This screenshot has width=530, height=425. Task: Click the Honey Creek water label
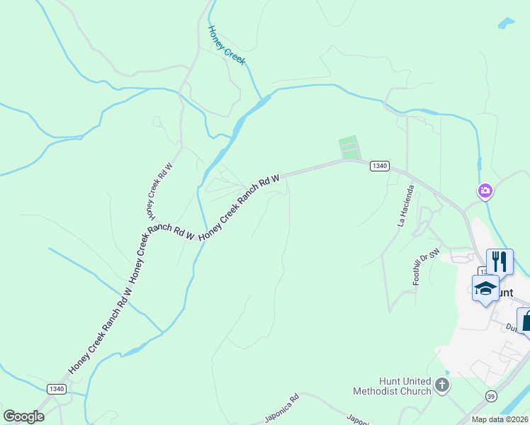[x=226, y=45]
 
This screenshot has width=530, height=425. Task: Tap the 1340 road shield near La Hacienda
[x=379, y=166]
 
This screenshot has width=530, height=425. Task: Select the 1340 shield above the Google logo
[x=57, y=389]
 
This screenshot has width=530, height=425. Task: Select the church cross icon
[x=442, y=385]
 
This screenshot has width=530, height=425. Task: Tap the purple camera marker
[x=485, y=191]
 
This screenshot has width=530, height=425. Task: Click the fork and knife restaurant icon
[x=500, y=261]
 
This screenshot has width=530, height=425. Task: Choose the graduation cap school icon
[x=485, y=288]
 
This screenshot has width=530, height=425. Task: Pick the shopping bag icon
[x=525, y=320]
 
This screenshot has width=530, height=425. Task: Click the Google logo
[x=23, y=416]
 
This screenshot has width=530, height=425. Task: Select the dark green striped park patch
[x=349, y=148]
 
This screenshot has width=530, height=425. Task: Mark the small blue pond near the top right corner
[x=507, y=23]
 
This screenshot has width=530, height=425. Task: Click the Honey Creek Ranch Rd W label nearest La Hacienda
[x=241, y=208]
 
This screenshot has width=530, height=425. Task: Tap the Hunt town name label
[x=503, y=292]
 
